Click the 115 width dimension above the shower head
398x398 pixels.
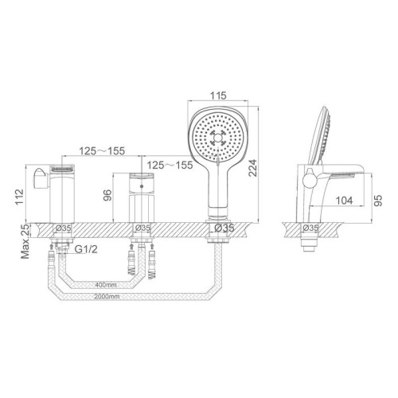218,96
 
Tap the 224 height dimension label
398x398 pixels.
252,168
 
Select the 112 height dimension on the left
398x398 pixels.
20,197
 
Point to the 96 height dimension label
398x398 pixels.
107,195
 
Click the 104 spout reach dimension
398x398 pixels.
345,201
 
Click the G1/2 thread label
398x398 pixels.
86,249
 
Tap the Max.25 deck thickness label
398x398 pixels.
25,241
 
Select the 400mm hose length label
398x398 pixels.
106,285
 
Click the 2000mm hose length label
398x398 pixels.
107,296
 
